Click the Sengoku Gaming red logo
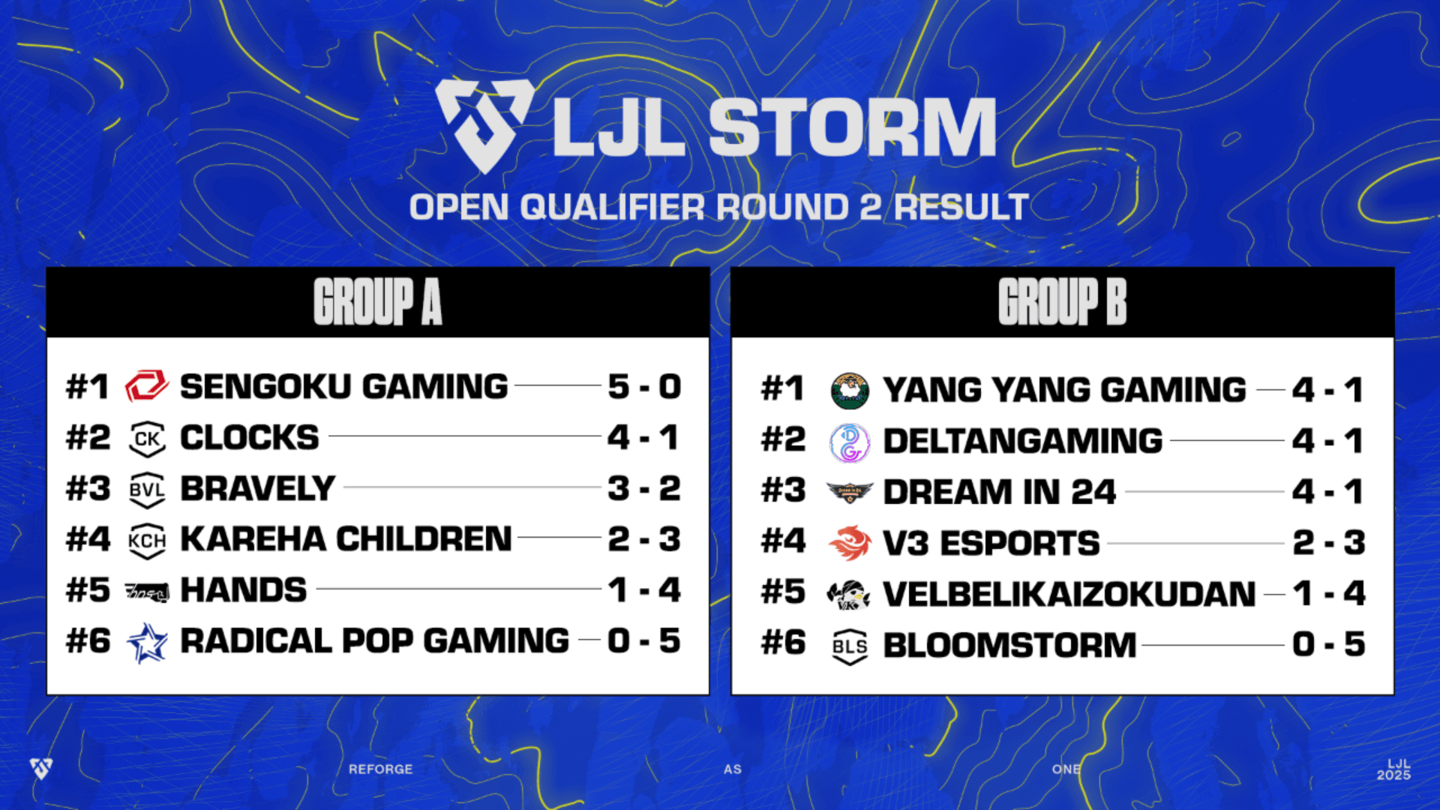pyautogui.click(x=146, y=387)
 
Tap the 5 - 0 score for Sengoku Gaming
pyautogui.click(x=644, y=387)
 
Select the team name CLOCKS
pyautogui.click(x=249, y=438)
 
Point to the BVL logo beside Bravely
pyautogui.click(x=147, y=490)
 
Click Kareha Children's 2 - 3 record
pyautogui.click(x=644, y=539)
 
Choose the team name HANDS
pyautogui.click(x=244, y=590)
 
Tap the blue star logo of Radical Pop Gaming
pyautogui.click(x=147, y=643)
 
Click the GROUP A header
pyautogui.click(x=378, y=302)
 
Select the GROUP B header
pyautogui.click(x=1062, y=302)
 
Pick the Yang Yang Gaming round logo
pyautogui.click(x=850, y=391)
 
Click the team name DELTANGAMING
pyautogui.click(x=1023, y=441)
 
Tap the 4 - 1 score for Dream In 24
pyautogui.click(x=1327, y=492)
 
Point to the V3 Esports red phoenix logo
pyautogui.click(x=850, y=544)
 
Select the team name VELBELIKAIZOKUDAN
pyautogui.click(x=1069, y=594)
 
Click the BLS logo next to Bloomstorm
pyautogui.click(x=850, y=646)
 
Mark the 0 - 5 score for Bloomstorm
pyautogui.click(x=1328, y=645)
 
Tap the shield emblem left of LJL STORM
pyautogui.click(x=484, y=124)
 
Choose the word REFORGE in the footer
pyautogui.click(x=380, y=769)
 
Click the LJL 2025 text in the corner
pyautogui.click(x=1393, y=769)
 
